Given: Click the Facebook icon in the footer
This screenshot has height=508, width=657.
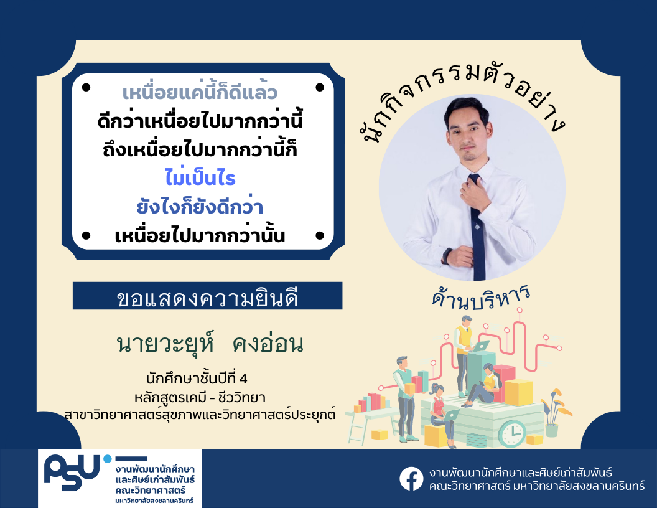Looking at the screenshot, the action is [411, 479].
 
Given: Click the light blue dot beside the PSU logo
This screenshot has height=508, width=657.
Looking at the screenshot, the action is [108, 459].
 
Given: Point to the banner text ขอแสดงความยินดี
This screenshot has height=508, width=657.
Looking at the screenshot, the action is [207, 299].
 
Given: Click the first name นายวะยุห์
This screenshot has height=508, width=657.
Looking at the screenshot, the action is [165, 343].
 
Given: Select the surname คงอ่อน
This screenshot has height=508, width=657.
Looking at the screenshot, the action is [268, 344].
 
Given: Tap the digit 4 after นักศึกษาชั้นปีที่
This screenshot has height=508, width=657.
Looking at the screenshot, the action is [243, 379].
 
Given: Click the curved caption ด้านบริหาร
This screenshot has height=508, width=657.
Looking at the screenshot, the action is [481, 298].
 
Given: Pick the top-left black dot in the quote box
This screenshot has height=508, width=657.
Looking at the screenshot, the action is [86, 87].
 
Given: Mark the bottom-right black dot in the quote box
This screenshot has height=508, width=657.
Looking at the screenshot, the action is [320, 235].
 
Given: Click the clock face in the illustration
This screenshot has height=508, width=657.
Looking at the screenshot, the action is [511, 433].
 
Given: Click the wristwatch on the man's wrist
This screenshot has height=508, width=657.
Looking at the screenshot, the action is [447, 256].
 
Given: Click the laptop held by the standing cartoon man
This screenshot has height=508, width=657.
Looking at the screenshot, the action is [480, 346].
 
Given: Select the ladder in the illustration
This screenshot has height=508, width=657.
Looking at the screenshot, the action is [356, 428].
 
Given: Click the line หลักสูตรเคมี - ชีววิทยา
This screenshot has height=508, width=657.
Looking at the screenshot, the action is [200, 397].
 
